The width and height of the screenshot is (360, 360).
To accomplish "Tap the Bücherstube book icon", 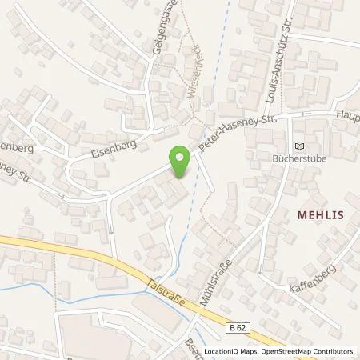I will (x=300, y=146).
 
